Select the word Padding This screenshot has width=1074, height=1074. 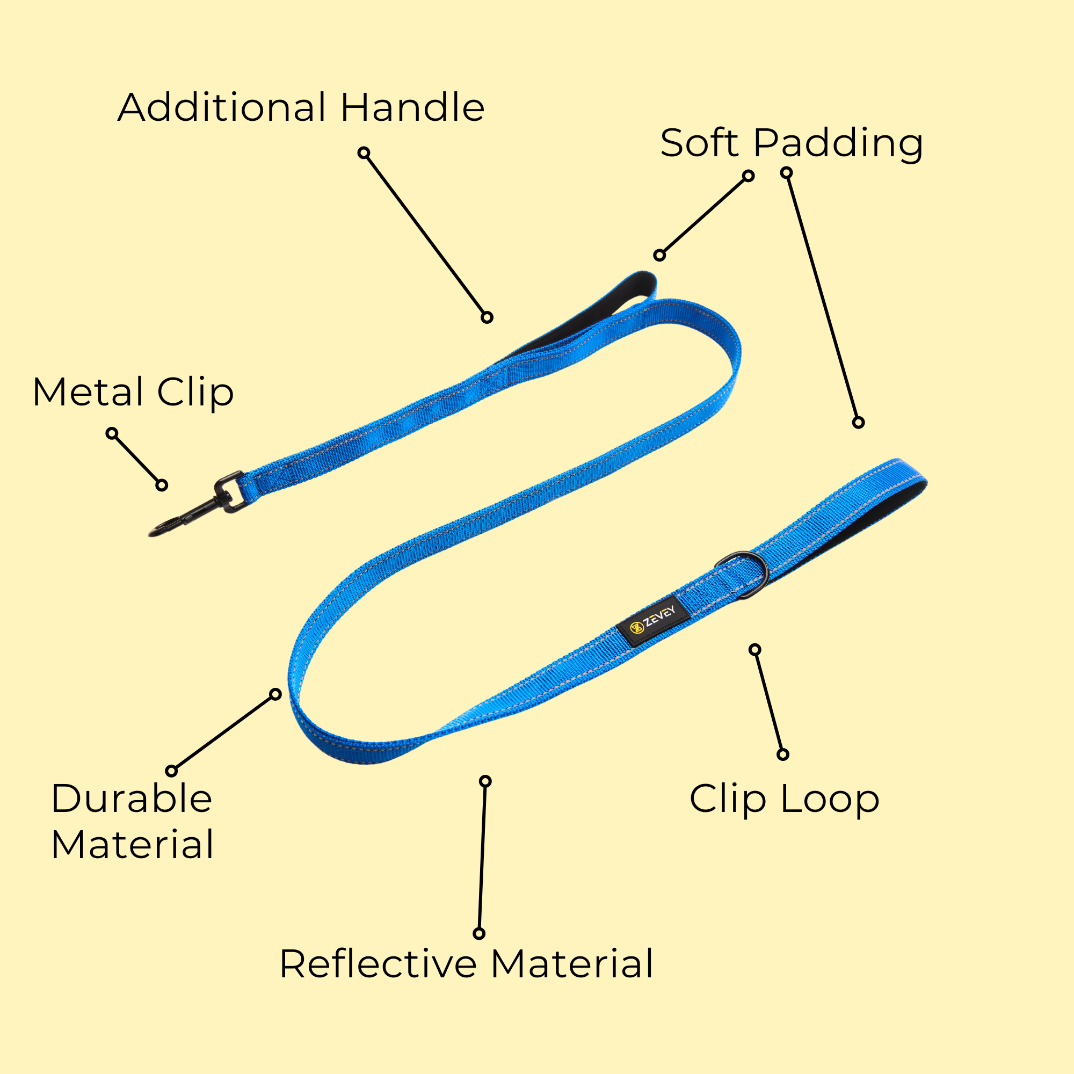[x=838, y=144]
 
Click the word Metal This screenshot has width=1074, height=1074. [x=89, y=392]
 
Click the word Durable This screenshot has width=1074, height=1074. [x=132, y=799]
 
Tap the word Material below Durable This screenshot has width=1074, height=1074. [x=132, y=844]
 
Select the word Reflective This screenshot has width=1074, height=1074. [x=378, y=964]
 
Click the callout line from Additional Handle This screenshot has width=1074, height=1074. [x=425, y=235]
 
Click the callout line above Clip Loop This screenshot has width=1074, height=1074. [x=769, y=702]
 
